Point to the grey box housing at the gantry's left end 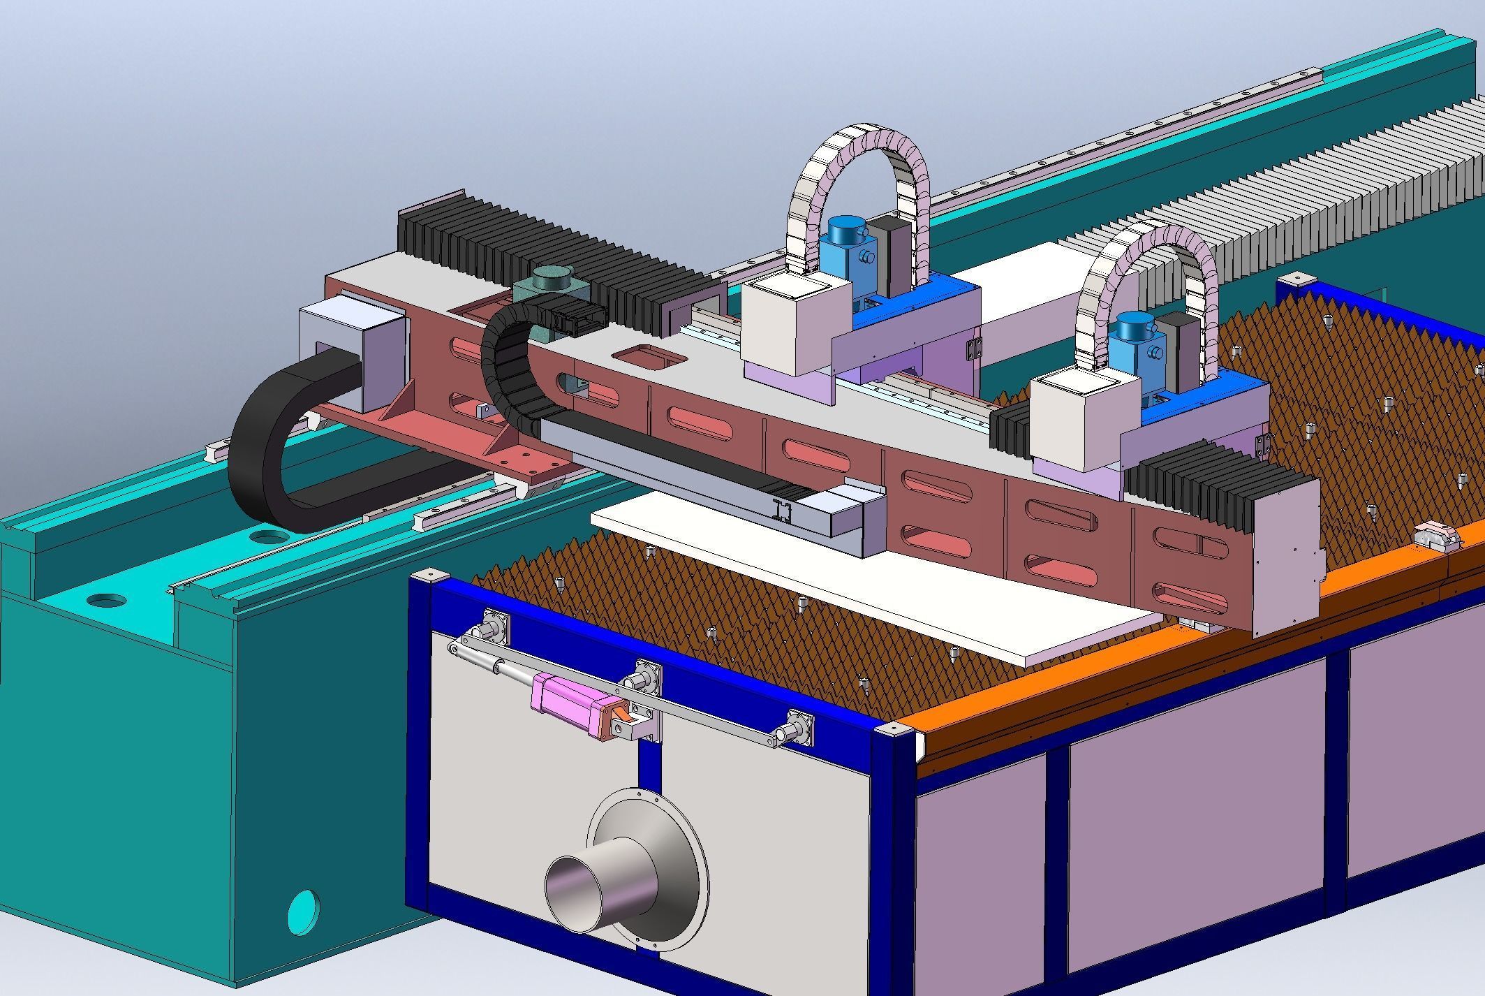pyautogui.click(x=353, y=346)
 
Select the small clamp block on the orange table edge pyautogui.click(x=1433, y=537)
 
